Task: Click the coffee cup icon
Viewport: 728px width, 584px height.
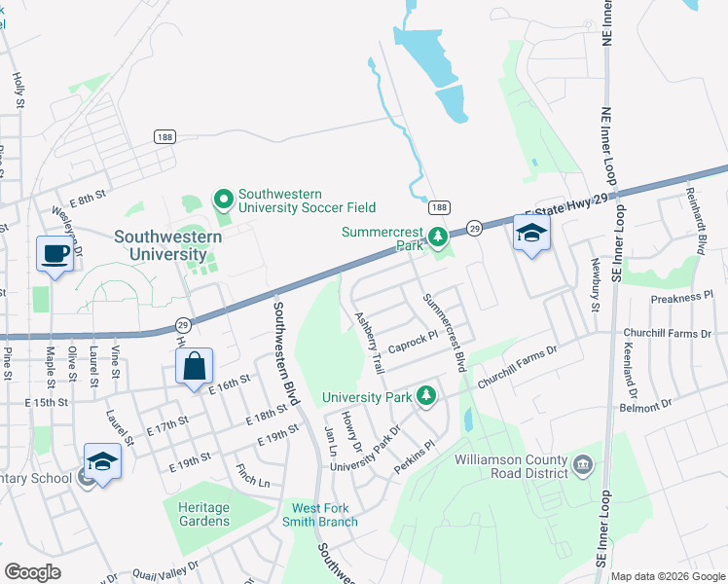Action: tap(55, 254)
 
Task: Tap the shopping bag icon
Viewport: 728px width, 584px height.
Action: tap(195, 366)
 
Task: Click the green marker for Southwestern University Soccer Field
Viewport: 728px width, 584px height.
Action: tap(224, 200)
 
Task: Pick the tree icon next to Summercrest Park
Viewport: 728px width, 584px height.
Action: tap(438, 236)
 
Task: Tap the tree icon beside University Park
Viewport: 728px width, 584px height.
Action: tap(425, 395)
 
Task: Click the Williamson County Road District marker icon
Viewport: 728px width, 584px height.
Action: tap(583, 463)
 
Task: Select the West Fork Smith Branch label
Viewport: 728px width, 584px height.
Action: tap(325, 515)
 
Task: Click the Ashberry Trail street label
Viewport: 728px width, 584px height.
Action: tap(370, 344)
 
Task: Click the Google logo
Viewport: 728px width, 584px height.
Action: tap(32, 572)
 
